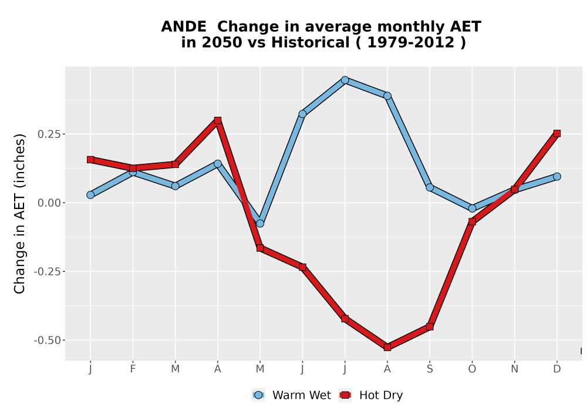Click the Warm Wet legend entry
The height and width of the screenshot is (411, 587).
click(x=292, y=395)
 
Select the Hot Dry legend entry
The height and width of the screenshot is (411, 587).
click(x=370, y=395)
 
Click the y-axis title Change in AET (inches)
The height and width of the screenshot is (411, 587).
click(x=19, y=214)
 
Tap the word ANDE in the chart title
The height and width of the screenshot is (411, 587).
click(x=183, y=27)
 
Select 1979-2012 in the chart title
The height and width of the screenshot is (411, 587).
click(x=411, y=42)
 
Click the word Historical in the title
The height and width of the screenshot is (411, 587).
click(x=311, y=42)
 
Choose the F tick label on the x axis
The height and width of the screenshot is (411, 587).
click(x=133, y=369)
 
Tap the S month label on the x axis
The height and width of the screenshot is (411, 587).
click(x=430, y=369)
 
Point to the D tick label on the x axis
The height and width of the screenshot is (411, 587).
click(x=557, y=369)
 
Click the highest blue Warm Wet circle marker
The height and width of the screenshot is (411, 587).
click(x=345, y=80)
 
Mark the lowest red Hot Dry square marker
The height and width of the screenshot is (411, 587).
click(x=387, y=348)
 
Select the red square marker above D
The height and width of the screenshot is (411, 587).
click(x=557, y=134)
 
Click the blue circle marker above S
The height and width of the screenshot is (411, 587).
click(x=430, y=187)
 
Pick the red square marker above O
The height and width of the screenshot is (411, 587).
click(x=472, y=222)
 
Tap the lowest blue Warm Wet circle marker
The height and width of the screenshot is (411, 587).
click(x=260, y=224)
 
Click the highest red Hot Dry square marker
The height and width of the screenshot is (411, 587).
click(x=218, y=120)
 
